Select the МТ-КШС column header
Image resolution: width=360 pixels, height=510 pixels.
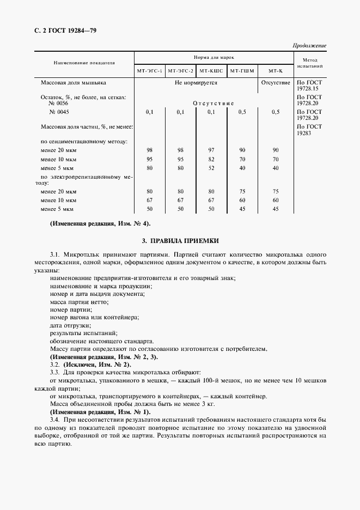pyautogui.click(x=211, y=71)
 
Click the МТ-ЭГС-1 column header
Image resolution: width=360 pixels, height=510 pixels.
pyautogui.click(x=149, y=71)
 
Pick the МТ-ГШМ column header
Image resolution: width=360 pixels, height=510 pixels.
pyautogui.click(x=242, y=71)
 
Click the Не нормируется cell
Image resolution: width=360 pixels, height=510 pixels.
pyautogui.click(x=196, y=83)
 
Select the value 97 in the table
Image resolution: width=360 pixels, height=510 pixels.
pyautogui.click(x=211, y=150)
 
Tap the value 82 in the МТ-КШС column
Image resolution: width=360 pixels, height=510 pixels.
pyautogui.click(x=211, y=159)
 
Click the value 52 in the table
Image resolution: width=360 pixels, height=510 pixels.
pyautogui.click(x=211, y=168)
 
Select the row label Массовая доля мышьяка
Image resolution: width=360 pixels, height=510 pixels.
pyautogui.click(x=74, y=83)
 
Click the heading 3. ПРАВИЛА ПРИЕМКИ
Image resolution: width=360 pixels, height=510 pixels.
pyautogui.click(x=180, y=240)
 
